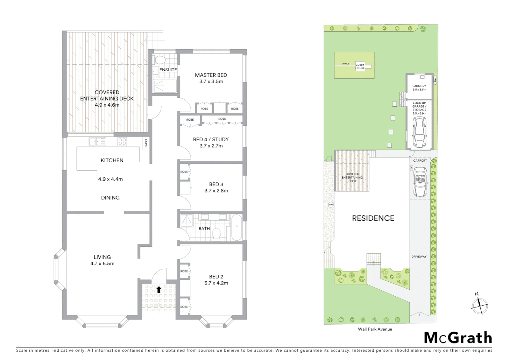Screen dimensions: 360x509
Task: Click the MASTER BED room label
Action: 211,75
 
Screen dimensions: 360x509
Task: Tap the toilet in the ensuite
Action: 160,60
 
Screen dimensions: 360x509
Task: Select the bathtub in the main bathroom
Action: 237,227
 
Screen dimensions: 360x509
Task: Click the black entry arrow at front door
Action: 159,289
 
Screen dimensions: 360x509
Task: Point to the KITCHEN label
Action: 112,160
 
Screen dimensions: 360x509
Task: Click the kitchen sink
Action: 97,142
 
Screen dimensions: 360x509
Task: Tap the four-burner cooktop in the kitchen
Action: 122,142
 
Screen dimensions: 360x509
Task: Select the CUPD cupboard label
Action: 146,143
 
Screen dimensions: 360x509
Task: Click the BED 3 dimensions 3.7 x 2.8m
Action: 216,191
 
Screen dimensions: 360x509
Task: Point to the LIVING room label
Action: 102,257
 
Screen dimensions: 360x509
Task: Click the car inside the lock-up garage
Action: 419,133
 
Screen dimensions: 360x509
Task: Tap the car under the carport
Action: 420,182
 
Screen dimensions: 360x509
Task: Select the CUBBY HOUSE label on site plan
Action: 360,66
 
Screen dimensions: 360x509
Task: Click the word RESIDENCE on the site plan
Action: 373,218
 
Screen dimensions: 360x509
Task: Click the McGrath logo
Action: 458,338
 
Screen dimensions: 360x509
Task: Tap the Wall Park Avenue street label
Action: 375,329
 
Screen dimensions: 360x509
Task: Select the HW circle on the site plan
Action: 330,205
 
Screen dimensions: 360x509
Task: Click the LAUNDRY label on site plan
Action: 419,86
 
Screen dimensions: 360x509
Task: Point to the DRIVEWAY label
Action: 419,257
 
